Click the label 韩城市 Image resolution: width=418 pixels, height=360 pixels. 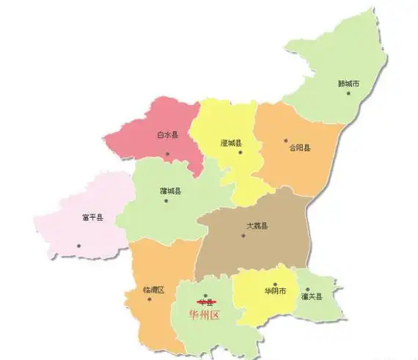(349, 84)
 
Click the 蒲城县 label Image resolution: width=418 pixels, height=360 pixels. (170, 191)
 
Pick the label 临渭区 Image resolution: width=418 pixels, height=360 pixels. (144, 290)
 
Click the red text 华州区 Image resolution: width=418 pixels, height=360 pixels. (205, 316)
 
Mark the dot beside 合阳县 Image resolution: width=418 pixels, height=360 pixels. (285, 140)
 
